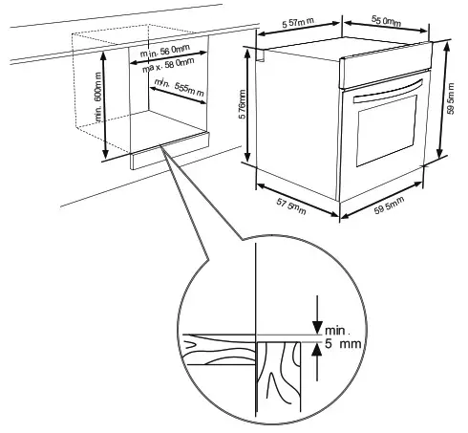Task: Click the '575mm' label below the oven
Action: coord(290,205)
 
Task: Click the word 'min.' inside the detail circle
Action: coord(340,331)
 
